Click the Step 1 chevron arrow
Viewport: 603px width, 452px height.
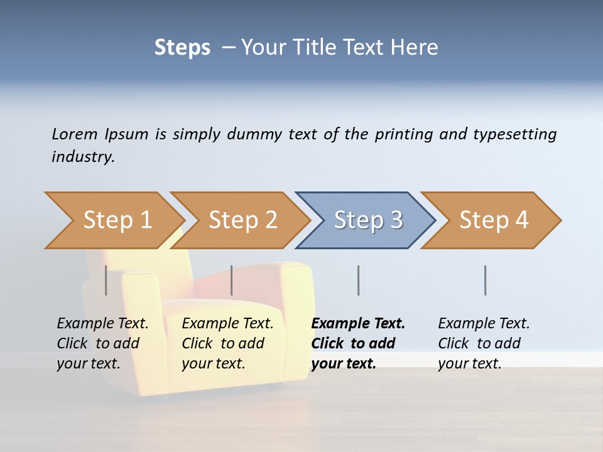(116, 220)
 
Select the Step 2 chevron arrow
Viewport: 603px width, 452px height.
(242, 220)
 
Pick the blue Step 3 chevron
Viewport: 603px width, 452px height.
(367, 220)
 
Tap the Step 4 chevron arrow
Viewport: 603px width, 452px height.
(493, 220)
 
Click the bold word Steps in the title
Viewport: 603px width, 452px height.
(182, 48)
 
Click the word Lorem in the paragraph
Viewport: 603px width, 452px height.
(75, 134)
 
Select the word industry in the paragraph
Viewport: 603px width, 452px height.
(82, 156)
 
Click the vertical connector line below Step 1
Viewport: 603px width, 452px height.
(106, 280)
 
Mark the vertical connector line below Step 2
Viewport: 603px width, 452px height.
(232, 280)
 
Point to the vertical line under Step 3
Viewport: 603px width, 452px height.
(359, 280)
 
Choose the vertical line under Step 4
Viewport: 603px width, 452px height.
(486, 280)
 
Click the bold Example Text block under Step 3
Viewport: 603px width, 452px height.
(358, 343)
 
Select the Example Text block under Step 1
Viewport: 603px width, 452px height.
(102, 343)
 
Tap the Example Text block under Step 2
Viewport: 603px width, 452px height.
(227, 343)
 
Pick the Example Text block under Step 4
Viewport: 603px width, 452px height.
(484, 343)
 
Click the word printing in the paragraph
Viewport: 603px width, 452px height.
(403, 134)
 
